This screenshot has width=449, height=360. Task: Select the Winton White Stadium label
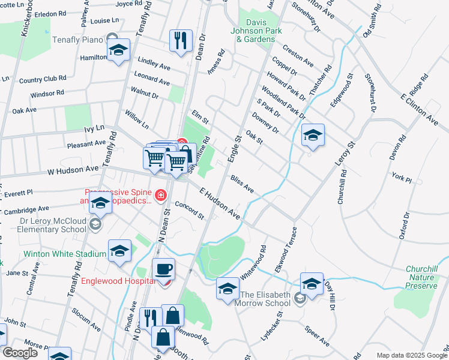point(64,254)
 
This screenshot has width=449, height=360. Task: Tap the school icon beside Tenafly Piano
point(118,51)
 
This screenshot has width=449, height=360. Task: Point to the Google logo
point(20,353)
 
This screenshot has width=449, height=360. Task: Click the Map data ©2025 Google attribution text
point(412,355)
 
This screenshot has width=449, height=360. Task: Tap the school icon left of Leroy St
point(313,136)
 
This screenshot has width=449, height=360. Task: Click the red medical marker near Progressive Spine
point(160,195)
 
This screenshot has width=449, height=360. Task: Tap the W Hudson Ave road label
point(73,171)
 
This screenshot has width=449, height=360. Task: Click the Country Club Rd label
point(42,79)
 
